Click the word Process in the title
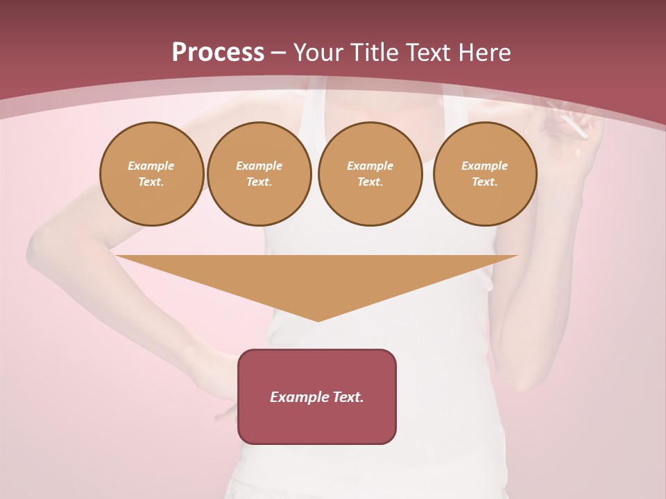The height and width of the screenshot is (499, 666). pyautogui.click(x=218, y=53)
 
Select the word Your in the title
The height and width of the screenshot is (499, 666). pyautogui.click(x=319, y=53)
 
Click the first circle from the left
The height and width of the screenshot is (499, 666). pyautogui.click(x=151, y=174)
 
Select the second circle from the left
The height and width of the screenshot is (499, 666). pyautogui.click(x=259, y=174)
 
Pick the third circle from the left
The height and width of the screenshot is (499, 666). pyautogui.click(x=370, y=174)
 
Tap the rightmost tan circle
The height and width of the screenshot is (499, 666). pyautogui.click(x=485, y=174)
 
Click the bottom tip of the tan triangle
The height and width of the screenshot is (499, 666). pyautogui.click(x=318, y=319)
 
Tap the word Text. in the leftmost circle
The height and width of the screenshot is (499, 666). pyautogui.click(x=151, y=182)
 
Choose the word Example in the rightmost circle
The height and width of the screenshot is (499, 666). pyautogui.click(x=485, y=166)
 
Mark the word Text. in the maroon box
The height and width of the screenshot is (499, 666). pyautogui.click(x=348, y=397)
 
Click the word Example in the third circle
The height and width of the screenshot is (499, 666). pyautogui.click(x=370, y=166)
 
